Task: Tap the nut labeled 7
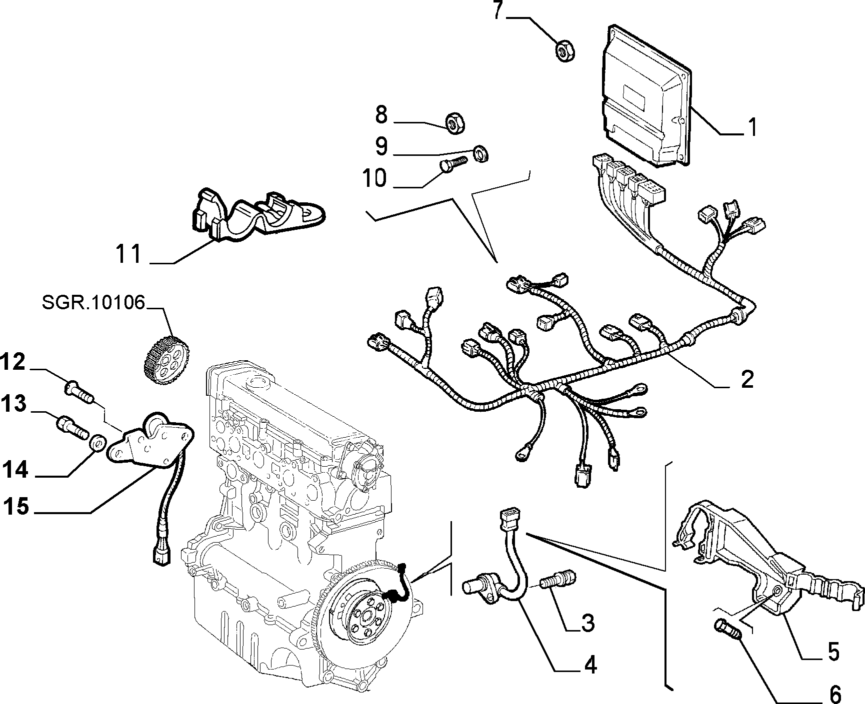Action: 565,50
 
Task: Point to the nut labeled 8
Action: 455,122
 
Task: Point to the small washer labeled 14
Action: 97,442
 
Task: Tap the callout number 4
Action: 590,665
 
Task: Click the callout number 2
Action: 746,379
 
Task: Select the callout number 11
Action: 129,254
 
